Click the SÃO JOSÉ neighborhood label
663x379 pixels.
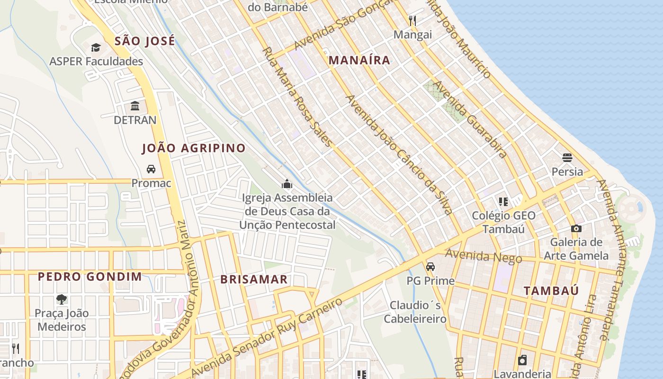(x=145, y=41)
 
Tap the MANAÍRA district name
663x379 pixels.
(x=359, y=60)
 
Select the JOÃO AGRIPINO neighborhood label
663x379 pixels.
(x=194, y=148)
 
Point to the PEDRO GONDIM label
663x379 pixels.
(x=90, y=277)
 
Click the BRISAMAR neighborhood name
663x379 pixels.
(x=254, y=280)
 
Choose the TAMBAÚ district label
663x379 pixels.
(x=551, y=291)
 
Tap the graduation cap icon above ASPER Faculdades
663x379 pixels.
(x=96, y=47)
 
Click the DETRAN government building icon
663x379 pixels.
(x=135, y=106)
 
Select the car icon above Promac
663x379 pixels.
(x=151, y=169)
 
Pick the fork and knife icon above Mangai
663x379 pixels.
(x=412, y=20)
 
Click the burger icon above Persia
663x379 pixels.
(x=567, y=157)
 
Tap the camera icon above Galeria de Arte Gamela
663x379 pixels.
(x=576, y=228)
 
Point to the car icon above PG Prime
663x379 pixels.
(x=430, y=267)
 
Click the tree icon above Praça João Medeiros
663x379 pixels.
(x=62, y=299)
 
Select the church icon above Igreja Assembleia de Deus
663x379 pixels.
(x=287, y=184)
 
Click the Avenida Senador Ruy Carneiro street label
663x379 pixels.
(x=266, y=338)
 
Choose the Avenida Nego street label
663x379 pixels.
(x=483, y=256)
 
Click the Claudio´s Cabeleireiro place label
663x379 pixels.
(x=415, y=312)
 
